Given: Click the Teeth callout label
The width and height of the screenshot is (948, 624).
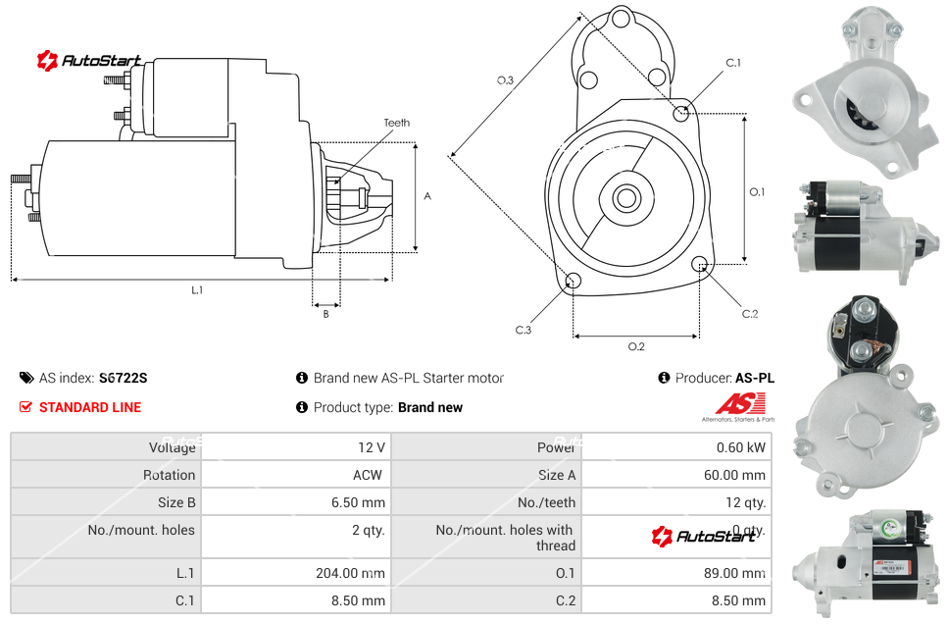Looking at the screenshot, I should coord(397,123).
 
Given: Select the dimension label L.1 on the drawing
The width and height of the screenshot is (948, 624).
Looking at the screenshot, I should coord(197,289).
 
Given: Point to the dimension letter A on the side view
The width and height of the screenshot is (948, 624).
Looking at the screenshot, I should coord(427,196).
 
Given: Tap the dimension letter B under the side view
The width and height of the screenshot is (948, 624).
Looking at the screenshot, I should coord(325,314).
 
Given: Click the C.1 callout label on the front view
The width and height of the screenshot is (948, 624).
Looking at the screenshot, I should coord(733,63).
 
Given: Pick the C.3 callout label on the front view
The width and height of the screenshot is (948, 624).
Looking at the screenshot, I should coord(524,330).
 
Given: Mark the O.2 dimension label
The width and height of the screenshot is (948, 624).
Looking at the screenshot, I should coord(636,345).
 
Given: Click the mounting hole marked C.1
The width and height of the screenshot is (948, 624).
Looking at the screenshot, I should coord(681,114).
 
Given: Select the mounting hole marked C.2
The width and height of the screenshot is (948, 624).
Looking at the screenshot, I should coord(700,264).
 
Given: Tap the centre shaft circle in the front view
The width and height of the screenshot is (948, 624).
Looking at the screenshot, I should coord(625,198).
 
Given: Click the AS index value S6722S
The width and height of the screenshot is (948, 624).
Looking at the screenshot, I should coord(124,378).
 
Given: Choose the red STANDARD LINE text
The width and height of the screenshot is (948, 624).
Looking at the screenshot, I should coord(90,407).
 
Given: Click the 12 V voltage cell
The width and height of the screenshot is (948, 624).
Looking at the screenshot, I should coord(372,447).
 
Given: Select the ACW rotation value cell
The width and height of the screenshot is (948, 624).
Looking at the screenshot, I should coord(371,475).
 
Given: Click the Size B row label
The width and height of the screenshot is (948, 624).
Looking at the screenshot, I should coord(176,502).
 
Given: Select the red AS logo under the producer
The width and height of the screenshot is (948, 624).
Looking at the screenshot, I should coord(739,404).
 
